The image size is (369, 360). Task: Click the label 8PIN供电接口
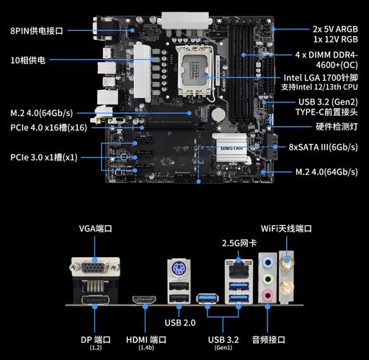pos(37,30)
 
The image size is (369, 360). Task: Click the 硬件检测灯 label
pos(337,127)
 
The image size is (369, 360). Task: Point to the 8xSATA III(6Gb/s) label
pos(323,146)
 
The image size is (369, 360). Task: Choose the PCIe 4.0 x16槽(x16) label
pos(48,127)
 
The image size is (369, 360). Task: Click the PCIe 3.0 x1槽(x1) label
pos(44,157)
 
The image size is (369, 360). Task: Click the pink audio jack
pos(267,294)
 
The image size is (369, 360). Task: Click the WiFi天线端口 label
pos(286,229)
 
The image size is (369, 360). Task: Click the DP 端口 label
pos(95,339)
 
